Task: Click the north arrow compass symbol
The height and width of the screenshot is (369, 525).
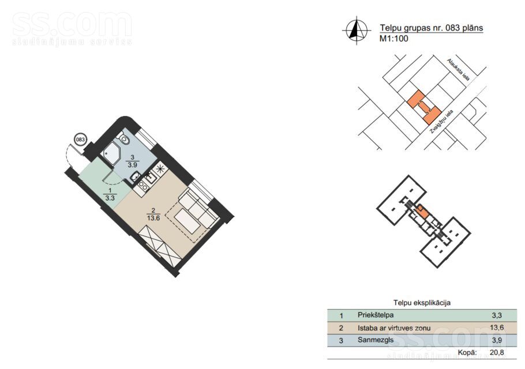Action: tap(357, 31)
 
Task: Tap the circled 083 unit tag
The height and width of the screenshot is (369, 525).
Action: tap(80, 140)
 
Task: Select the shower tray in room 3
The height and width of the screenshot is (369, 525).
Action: tap(111, 153)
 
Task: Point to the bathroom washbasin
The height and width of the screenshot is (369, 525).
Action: tap(136, 176)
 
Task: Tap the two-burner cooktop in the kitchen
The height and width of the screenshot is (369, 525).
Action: tap(143, 186)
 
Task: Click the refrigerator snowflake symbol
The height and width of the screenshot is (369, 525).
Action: tap(160, 168)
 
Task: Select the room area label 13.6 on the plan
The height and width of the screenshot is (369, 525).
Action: tap(153, 218)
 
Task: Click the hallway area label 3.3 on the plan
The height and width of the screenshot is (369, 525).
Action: tap(110, 198)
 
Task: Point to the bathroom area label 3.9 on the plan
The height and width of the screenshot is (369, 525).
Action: tap(132, 165)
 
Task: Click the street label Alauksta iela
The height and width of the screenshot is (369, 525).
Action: tap(459, 70)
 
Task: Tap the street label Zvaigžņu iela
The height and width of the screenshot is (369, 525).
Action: tap(441, 122)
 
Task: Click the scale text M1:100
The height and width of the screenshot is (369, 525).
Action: tap(393, 39)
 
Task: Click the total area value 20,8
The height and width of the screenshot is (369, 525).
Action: tap(497, 352)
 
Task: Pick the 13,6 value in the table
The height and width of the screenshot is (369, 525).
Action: tap(497, 327)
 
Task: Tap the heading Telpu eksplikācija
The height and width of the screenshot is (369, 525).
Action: tap(422, 303)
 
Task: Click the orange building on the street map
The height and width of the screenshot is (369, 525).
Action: tap(423, 107)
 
